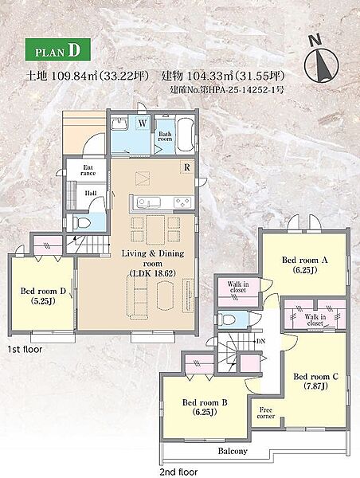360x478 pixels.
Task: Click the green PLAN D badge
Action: tap(57, 49)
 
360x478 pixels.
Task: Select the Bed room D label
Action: tap(43, 296)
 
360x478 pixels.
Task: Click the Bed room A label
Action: tap(304, 264)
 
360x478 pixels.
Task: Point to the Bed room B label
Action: tap(205, 407)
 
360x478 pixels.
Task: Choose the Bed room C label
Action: tap(316, 381)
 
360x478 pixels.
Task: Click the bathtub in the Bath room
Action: tap(186, 135)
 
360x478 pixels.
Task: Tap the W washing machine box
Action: tap(143, 123)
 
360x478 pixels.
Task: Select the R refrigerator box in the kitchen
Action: tap(187, 167)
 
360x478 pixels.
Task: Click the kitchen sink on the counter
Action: tap(148, 202)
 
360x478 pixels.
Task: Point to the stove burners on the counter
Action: tap(182, 202)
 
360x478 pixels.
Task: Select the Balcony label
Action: tap(233, 451)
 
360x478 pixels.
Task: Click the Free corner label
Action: tap(266, 413)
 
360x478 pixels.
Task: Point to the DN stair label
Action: tap(260, 341)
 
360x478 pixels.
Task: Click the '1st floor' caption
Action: tap(25, 350)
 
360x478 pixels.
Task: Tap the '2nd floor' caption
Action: tap(178, 472)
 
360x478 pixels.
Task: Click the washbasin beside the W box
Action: tap(120, 123)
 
